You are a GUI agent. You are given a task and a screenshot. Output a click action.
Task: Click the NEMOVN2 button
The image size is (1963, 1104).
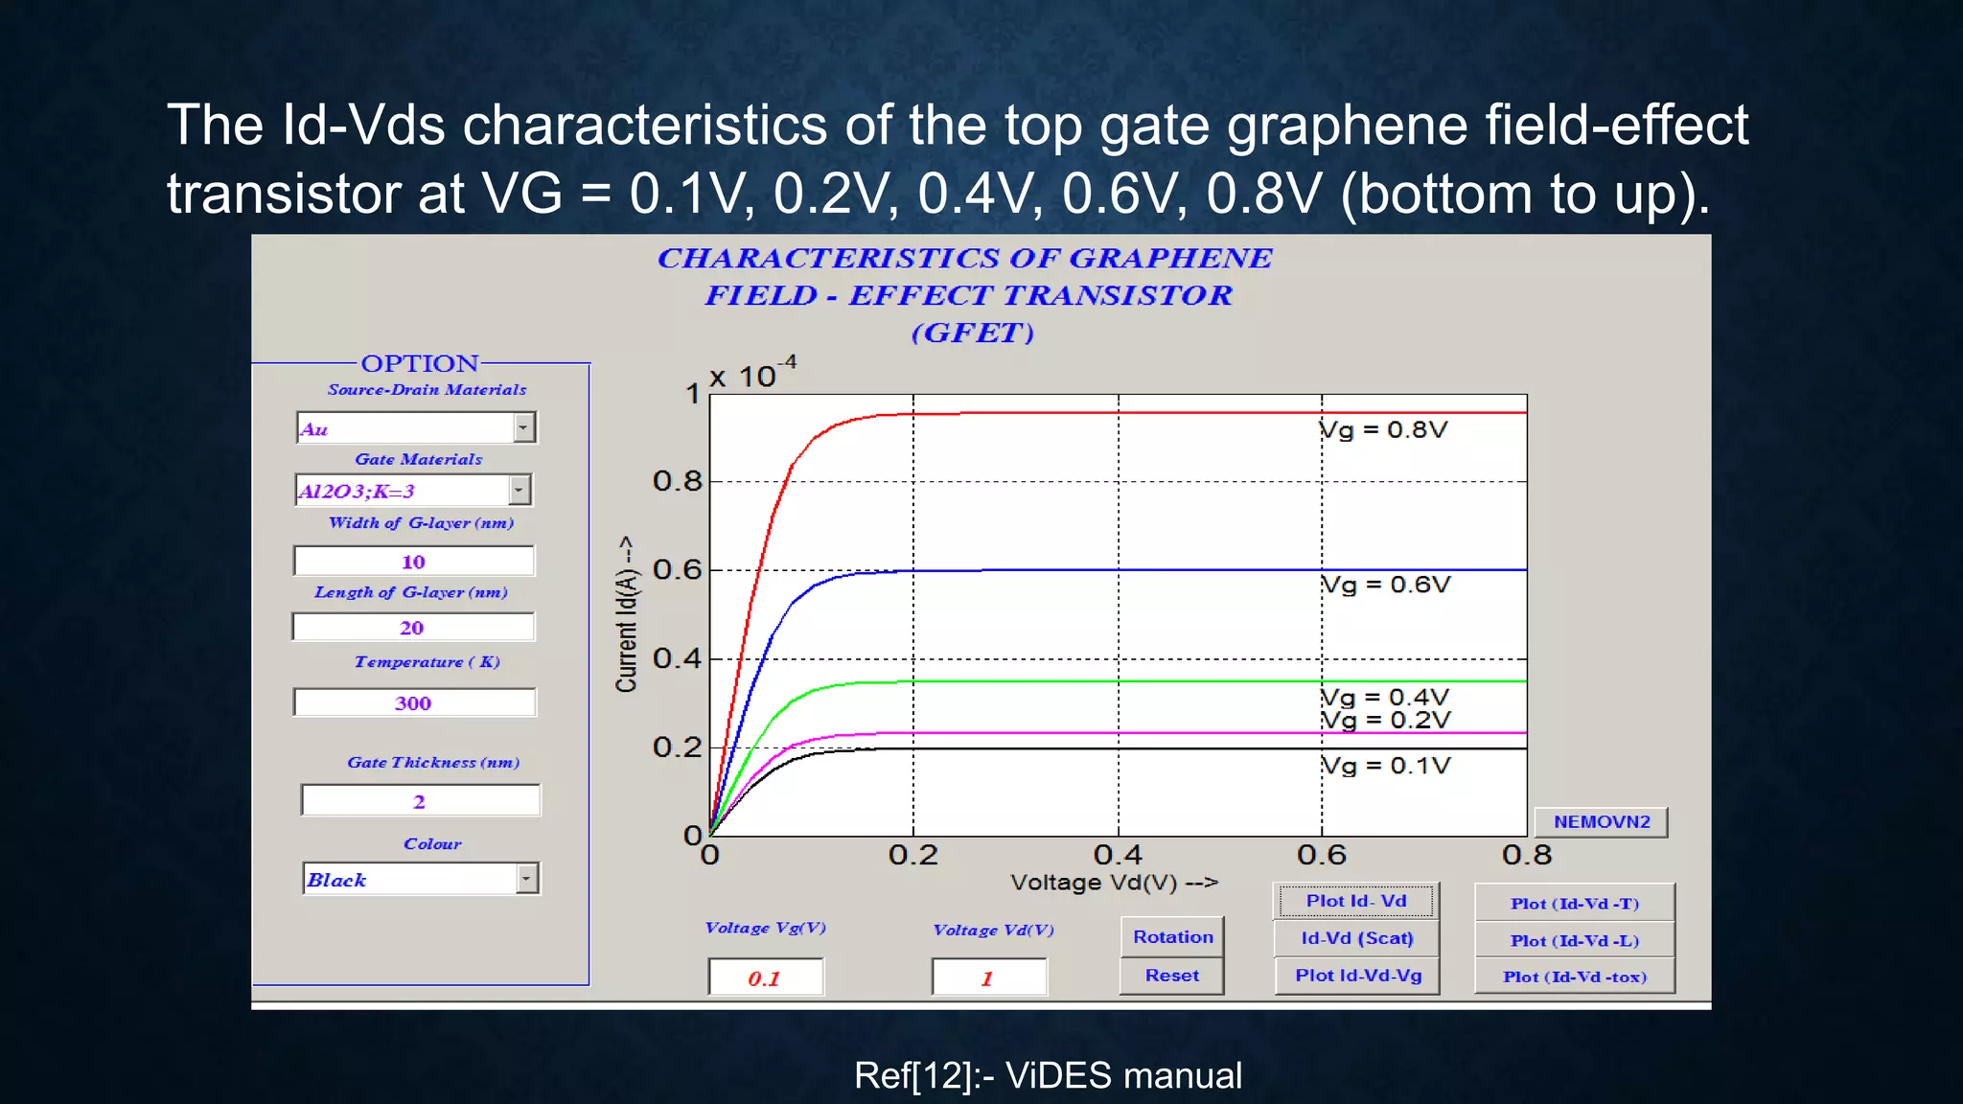(1601, 822)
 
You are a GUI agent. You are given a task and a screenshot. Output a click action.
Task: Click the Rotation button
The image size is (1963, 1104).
(1172, 937)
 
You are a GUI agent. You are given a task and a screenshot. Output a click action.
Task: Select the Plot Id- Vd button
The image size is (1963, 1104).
(1356, 901)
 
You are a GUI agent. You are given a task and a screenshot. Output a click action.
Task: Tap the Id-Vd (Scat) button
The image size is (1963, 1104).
(1356, 938)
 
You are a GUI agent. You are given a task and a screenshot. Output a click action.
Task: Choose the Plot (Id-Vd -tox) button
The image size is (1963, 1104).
(1574, 977)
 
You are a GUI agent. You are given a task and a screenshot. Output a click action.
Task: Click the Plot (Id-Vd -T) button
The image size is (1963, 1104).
(1574, 903)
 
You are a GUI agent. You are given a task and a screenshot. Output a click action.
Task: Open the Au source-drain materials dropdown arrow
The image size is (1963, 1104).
(523, 427)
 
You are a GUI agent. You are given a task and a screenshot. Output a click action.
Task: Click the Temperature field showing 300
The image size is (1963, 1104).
(414, 702)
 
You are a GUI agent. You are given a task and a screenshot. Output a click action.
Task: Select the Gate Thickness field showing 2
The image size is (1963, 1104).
(420, 801)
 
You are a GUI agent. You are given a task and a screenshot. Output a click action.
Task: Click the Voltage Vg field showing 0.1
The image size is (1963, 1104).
(765, 978)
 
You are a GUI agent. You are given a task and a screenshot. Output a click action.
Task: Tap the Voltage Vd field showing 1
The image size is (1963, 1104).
(988, 978)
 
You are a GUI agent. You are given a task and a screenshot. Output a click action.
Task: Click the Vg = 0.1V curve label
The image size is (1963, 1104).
(1385, 766)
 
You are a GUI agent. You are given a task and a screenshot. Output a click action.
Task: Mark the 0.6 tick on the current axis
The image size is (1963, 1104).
(677, 569)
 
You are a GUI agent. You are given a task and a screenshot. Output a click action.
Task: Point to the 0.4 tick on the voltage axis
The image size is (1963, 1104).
(1118, 855)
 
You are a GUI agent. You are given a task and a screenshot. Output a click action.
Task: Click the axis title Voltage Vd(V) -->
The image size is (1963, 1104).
(1114, 883)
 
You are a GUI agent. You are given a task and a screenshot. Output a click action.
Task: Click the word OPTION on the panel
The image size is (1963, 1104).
(420, 363)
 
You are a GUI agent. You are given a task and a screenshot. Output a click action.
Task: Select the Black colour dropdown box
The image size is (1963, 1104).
(410, 879)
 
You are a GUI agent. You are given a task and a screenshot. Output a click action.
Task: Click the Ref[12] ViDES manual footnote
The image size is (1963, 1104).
(1048, 1075)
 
